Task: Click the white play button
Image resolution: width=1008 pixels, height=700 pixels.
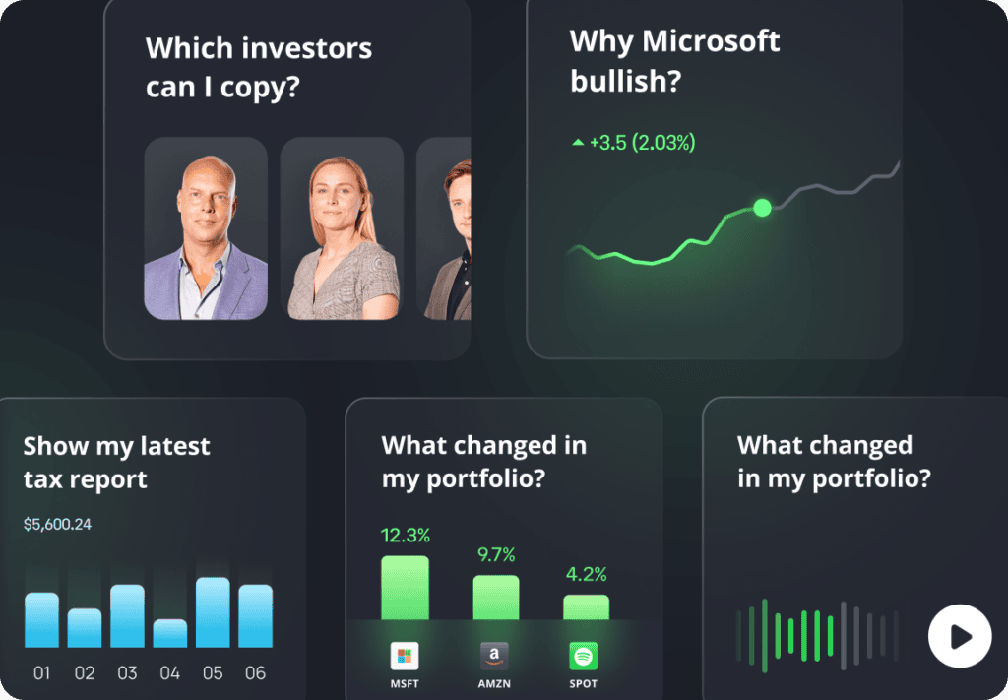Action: (x=960, y=636)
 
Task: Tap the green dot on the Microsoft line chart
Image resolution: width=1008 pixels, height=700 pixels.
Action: (x=763, y=208)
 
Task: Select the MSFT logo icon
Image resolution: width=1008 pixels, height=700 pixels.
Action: (x=405, y=656)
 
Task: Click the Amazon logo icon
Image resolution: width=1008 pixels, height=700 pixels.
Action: (x=494, y=656)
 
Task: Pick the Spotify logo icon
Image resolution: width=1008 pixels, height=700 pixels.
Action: (x=583, y=656)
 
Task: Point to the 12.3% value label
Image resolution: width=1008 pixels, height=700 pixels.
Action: (x=405, y=535)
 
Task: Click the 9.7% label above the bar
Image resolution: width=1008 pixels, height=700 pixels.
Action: (x=496, y=554)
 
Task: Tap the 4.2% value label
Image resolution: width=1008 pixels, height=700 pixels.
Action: (x=587, y=574)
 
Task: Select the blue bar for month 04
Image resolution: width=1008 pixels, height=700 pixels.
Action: (x=169, y=633)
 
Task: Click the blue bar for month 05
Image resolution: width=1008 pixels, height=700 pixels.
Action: (x=213, y=612)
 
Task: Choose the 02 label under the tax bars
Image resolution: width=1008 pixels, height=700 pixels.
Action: (x=85, y=673)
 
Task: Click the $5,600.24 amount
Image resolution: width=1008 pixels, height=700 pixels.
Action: (x=57, y=525)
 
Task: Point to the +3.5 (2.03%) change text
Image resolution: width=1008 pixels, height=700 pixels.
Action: (x=642, y=143)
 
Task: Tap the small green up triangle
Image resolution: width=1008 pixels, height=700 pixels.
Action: (x=578, y=142)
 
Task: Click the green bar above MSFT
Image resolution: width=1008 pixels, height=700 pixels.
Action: (x=405, y=588)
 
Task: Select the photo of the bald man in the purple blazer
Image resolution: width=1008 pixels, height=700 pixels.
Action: (x=206, y=228)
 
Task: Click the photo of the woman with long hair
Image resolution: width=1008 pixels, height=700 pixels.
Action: (x=342, y=228)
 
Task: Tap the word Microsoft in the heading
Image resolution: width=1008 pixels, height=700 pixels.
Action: (x=711, y=41)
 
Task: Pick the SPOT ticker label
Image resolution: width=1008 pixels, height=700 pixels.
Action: (x=583, y=684)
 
